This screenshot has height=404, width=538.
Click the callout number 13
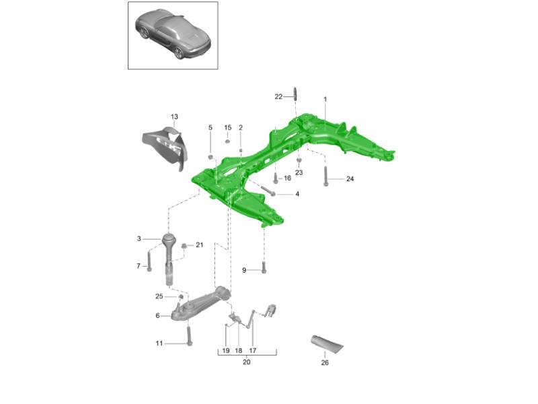[174, 116]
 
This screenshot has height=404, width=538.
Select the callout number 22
[278, 97]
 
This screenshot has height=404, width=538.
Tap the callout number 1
[325, 99]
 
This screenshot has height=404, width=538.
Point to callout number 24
[350, 178]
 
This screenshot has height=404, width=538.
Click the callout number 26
[325, 362]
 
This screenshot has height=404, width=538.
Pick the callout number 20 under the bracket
[246, 362]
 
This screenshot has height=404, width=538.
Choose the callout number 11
[159, 343]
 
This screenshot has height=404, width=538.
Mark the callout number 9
[244, 271]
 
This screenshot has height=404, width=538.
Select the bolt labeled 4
[268, 191]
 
